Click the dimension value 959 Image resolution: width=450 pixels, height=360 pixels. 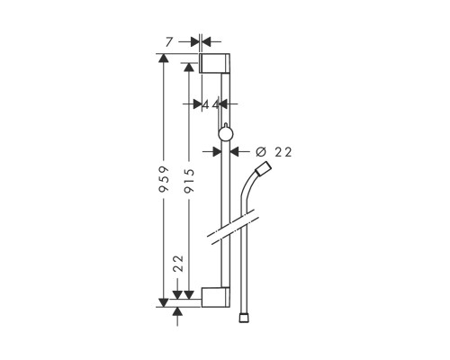pos(164,179)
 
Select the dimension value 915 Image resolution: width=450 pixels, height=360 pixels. pos(189,181)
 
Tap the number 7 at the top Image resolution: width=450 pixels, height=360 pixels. pos(169,42)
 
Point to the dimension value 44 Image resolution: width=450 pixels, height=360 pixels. pos(211,104)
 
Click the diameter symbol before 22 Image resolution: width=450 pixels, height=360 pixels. pos(261,152)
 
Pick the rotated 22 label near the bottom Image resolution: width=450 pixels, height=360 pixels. pos(179,264)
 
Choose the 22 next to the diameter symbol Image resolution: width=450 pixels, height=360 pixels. pos(283,152)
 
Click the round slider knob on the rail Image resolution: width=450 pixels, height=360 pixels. pos(225,134)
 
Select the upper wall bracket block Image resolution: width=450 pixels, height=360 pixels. pos(215,63)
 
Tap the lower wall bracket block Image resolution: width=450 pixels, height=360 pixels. pos(216,297)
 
